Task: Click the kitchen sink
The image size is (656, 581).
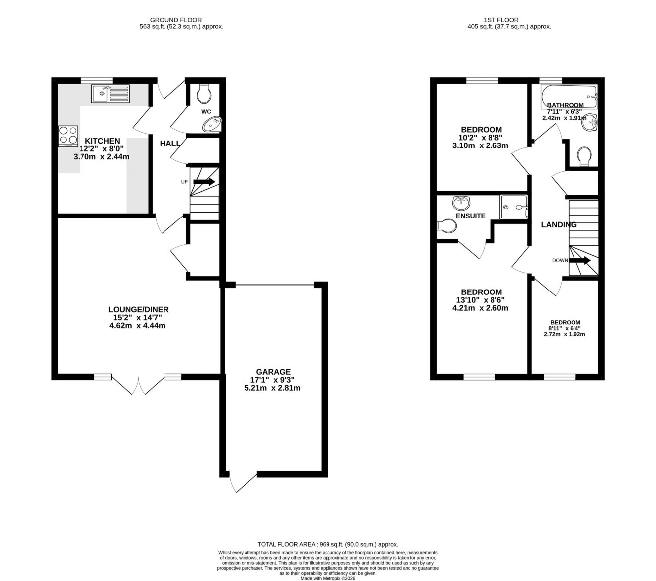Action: (x=110, y=93)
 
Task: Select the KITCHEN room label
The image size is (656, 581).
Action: (x=102, y=141)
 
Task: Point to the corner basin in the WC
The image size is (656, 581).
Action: (x=212, y=124)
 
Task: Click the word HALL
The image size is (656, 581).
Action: (x=170, y=144)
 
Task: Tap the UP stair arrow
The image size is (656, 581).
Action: (x=204, y=182)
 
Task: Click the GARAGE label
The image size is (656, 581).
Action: (x=273, y=372)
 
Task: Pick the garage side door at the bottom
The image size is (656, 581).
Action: (x=243, y=482)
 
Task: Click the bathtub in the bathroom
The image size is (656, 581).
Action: (x=569, y=95)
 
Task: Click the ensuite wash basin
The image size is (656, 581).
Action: (x=461, y=203)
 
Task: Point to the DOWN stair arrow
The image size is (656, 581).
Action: (x=579, y=260)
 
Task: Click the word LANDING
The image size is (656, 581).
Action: (x=559, y=225)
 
